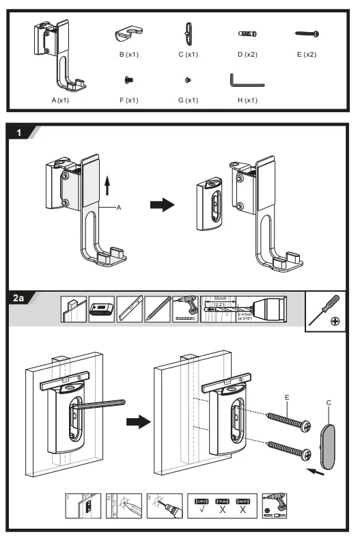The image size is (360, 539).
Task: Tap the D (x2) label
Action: pyautogui.click(x=247, y=54)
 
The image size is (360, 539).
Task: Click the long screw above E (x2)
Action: pyautogui.click(x=307, y=33)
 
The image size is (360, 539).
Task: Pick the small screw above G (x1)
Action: pyautogui.click(x=188, y=81)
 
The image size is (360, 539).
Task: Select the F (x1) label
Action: pyautogui.click(x=128, y=100)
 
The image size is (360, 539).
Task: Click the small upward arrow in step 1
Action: pyautogui.click(x=106, y=184)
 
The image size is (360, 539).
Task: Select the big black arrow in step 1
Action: pyautogui.click(x=163, y=205)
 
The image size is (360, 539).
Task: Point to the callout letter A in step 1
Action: pyautogui.click(x=118, y=210)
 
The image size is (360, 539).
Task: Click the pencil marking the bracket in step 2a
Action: pyautogui.click(x=98, y=405)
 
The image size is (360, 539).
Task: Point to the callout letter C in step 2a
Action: pyautogui.click(x=329, y=402)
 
